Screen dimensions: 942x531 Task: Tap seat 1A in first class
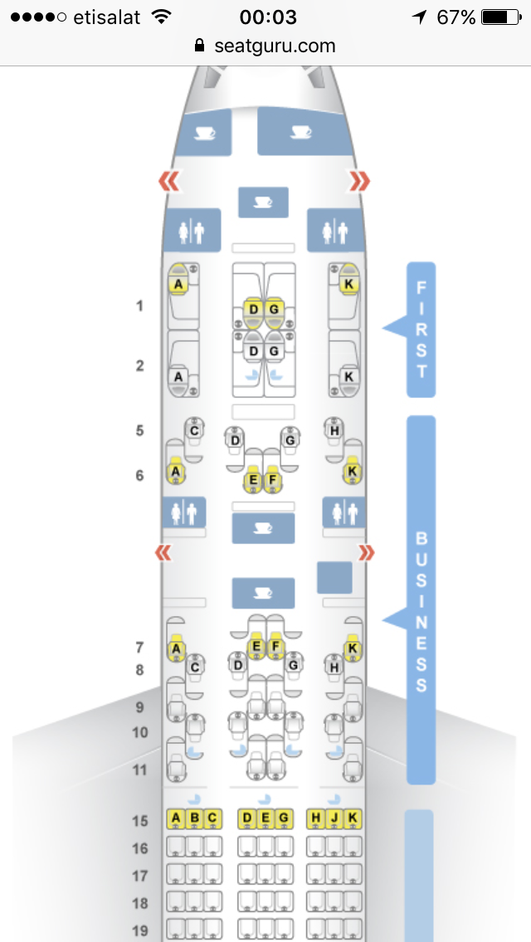[178, 284]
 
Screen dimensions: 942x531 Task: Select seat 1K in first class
[348, 284]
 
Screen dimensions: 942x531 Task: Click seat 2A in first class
[178, 376]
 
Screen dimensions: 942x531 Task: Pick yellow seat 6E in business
[253, 479]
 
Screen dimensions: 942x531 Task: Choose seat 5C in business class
[194, 430]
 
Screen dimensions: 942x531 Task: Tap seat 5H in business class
[334, 430]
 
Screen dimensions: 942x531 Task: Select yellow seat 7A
[176, 648]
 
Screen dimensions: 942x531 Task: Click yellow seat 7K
[353, 648]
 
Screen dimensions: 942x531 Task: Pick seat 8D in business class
[238, 664]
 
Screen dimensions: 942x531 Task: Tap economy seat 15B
[194, 819]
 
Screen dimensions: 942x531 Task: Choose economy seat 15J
[334, 819]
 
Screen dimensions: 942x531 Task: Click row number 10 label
[139, 733]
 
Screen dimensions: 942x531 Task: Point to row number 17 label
[139, 876]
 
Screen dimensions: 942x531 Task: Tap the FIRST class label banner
[421, 329]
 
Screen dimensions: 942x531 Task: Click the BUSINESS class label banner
[421, 600]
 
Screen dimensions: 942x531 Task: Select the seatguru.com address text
[275, 46]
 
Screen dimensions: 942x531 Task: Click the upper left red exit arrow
[169, 181]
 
